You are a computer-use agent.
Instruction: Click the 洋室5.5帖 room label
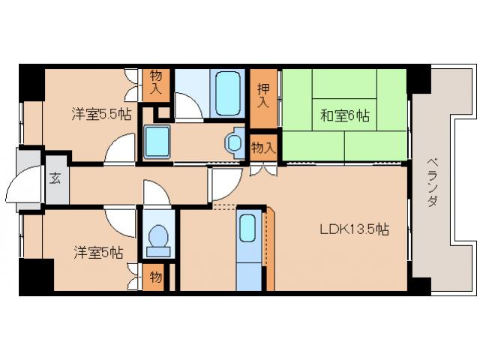tap(102, 114)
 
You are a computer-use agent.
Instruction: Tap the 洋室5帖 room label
tap(98, 253)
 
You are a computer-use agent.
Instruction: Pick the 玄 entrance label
tap(55, 178)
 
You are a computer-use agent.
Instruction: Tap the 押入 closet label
tap(264, 94)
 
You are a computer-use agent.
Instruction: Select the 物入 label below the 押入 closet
tap(262, 147)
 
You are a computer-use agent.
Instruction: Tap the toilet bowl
tap(158, 238)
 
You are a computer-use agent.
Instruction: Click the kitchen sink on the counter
tap(247, 229)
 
